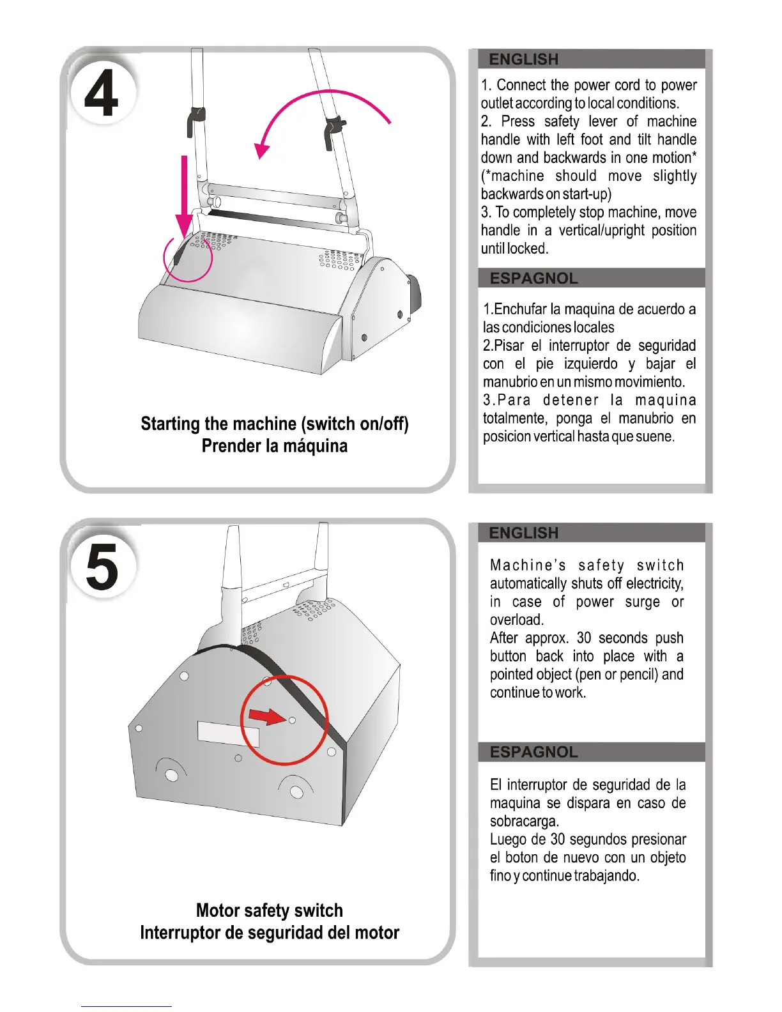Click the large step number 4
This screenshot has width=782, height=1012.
coord(101,95)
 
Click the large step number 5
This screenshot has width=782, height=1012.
coord(102,567)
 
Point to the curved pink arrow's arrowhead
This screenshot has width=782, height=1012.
coord(261,149)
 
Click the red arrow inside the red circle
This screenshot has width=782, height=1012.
coord(267,716)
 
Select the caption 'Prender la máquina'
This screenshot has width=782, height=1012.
coord(275,446)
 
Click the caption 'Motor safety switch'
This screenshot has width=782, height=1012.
coord(270,910)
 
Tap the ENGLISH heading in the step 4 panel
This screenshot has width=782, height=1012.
coord(524,59)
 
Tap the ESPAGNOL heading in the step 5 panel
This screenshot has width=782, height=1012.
coord(534,752)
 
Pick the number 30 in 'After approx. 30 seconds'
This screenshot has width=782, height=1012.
coord(584,638)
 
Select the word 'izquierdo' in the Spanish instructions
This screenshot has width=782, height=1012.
coord(591,364)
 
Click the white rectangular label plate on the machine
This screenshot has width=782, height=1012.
coord(229,733)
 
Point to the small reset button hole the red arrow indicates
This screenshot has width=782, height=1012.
coord(292,720)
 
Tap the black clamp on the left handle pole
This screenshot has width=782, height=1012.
coord(195,120)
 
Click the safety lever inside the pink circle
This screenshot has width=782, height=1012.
coord(179,254)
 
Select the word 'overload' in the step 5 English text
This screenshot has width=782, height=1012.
coord(516,620)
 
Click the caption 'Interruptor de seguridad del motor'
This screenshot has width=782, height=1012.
coord(270,933)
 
